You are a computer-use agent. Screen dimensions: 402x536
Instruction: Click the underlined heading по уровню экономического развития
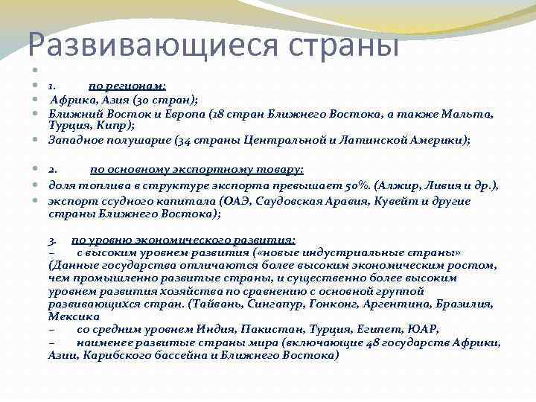(x=183, y=240)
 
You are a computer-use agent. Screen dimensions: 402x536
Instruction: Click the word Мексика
(x=72, y=316)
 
